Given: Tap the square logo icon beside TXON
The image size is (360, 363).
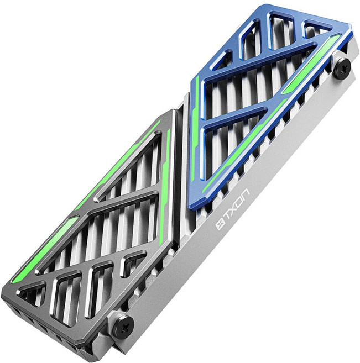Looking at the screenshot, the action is [x=220, y=225].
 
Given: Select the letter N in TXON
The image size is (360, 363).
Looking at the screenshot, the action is [x=246, y=194].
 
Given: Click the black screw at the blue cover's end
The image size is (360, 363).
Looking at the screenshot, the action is [x=343, y=69].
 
